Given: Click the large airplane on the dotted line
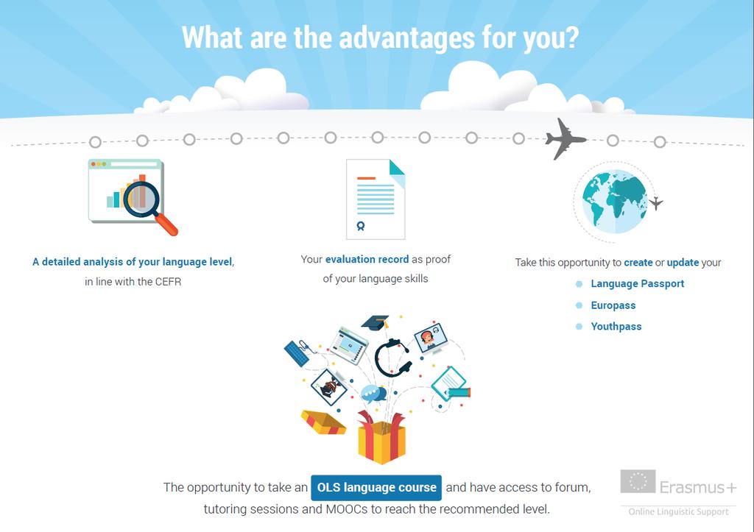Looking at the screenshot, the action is tap(565, 139).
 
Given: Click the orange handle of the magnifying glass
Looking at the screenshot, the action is tap(167, 224).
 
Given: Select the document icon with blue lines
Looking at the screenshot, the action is tap(376, 199).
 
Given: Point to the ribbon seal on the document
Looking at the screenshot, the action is tap(361, 226).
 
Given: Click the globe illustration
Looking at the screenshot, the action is tap(615, 202).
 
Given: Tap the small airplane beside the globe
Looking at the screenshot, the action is tap(655, 203).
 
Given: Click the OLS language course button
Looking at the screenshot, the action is tap(376, 487).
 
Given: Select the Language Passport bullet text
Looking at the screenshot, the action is tap(637, 283).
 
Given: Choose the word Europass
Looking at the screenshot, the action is tap(613, 305).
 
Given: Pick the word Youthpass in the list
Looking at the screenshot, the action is tap(616, 326).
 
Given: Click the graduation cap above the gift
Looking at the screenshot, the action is tap(376, 322).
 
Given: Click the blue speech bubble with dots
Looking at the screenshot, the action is tap(373, 394).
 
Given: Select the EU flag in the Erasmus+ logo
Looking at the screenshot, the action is tap(638, 481).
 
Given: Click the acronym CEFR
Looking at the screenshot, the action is tap(168, 282).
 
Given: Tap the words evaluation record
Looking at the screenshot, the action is tap(367, 259).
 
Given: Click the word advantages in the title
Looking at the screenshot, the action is tap(406, 38).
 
